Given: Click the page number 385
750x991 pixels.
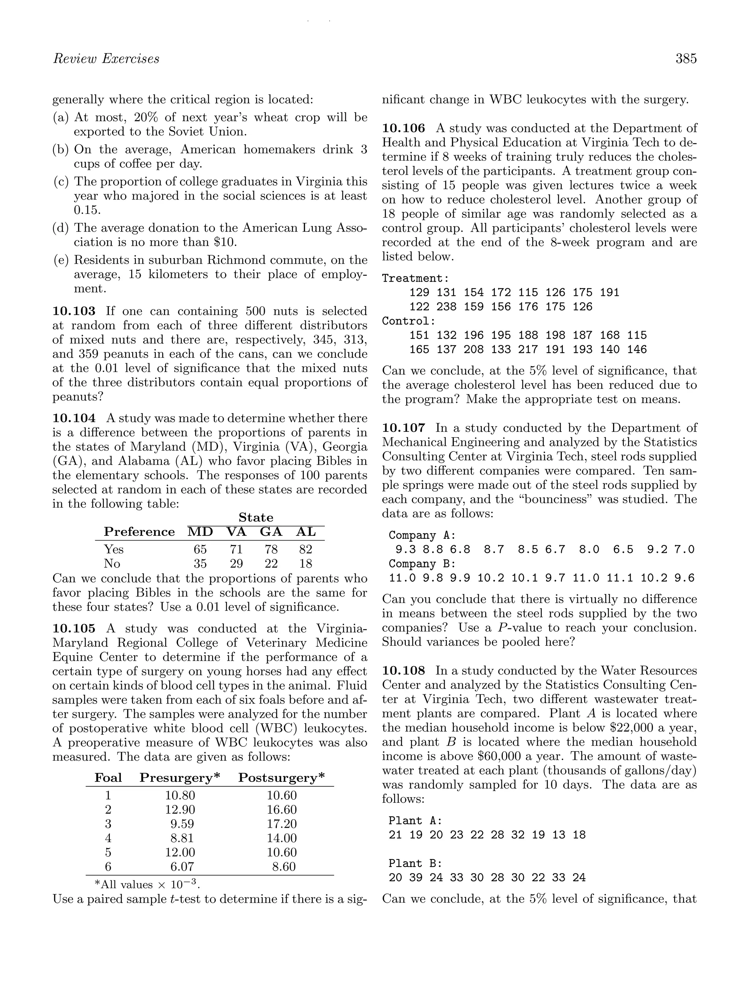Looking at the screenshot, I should click(x=686, y=59).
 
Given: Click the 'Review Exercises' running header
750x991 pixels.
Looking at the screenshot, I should click(x=106, y=59).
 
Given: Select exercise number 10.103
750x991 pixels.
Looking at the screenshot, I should click(x=74, y=311).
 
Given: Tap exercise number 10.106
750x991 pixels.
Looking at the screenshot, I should click(x=403, y=128).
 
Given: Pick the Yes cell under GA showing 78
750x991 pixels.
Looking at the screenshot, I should click(x=271, y=549).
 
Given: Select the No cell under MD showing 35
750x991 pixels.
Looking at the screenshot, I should click(x=200, y=564).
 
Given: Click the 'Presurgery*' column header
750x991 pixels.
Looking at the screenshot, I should click(x=180, y=778).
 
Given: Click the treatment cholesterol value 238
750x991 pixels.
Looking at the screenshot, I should click(x=447, y=307).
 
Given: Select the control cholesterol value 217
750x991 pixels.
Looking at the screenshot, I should click(x=528, y=349).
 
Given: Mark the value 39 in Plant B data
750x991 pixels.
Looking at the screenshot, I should click(x=416, y=877).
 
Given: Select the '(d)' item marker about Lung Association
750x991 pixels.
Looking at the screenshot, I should click(x=60, y=228).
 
